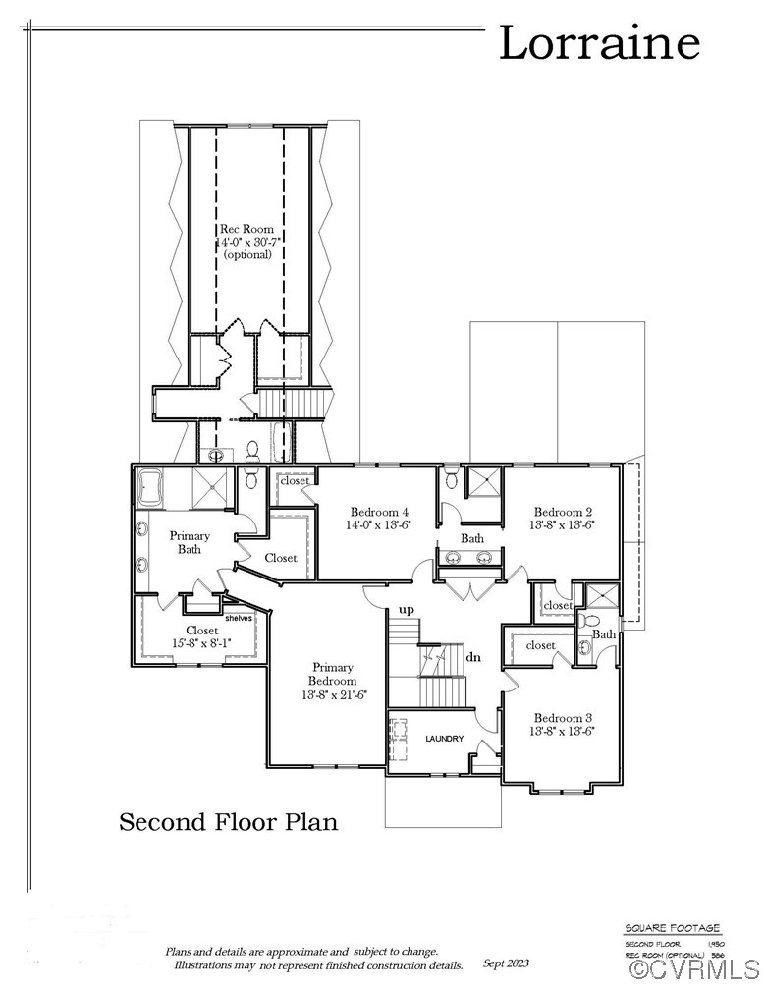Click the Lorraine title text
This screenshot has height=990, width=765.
(x=599, y=44)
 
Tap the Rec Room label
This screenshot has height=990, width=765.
(x=246, y=229)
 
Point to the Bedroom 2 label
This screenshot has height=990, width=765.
(x=563, y=512)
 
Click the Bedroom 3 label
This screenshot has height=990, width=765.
(x=563, y=717)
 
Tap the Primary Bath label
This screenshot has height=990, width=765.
(x=190, y=542)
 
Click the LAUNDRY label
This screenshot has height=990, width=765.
(x=444, y=739)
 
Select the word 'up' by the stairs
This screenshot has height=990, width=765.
(x=406, y=610)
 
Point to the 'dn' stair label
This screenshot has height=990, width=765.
(x=473, y=657)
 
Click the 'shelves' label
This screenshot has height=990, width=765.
(x=239, y=618)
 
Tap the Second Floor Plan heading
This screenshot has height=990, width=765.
(x=228, y=821)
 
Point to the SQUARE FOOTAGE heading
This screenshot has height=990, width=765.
(x=673, y=928)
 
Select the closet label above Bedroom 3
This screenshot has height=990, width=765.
(x=540, y=645)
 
